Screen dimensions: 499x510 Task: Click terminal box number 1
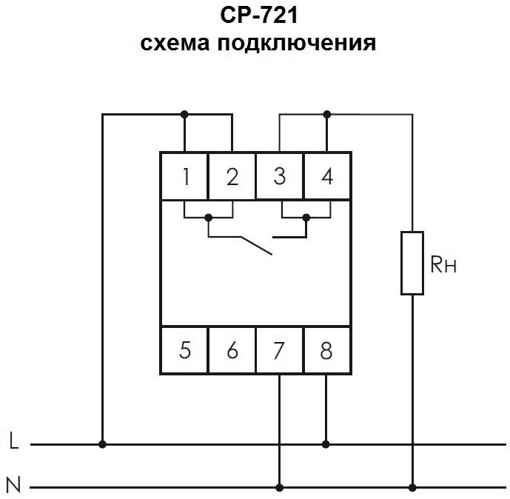click(x=184, y=176)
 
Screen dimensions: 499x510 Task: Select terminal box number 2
click(x=232, y=176)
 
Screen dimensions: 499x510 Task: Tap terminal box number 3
click(x=279, y=176)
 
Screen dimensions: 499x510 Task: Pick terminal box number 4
click(x=326, y=176)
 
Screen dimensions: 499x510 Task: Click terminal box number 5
click(x=184, y=349)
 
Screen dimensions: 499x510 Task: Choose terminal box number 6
click(x=232, y=349)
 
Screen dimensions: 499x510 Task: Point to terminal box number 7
click(x=279, y=349)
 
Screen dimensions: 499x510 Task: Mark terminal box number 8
click(x=326, y=349)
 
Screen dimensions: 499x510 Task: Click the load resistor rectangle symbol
click(x=412, y=263)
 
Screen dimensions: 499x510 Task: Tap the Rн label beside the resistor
click(x=443, y=264)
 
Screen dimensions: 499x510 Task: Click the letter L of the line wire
click(x=13, y=443)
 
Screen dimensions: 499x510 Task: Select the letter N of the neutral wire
click(x=13, y=486)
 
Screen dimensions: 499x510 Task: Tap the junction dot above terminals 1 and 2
click(x=184, y=114)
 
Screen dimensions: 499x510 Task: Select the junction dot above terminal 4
click(x=326, y=114)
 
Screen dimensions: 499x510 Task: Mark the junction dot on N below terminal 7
click(x=279, y=488)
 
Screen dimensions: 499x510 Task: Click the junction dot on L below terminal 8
click(x=326, y=444)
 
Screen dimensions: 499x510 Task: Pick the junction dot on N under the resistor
click(x=412, y=488)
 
